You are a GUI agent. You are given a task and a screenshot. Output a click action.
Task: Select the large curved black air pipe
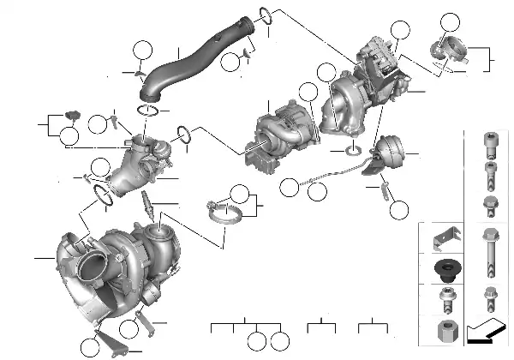pyautogui.click(x=193, y=65)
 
